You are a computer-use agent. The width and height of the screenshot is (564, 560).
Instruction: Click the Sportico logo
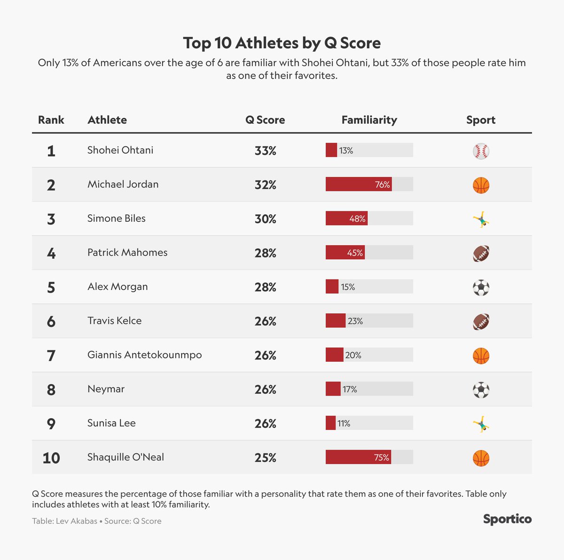tap(507, 519)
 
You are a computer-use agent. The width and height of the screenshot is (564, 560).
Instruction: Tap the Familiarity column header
tap(369, 120)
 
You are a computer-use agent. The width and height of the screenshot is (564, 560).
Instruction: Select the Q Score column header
tap(265, 120)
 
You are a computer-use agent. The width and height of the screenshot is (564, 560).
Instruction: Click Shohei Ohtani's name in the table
tap(120, 150)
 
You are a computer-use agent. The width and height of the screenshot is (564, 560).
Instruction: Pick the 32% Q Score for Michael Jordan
tap(265, 185)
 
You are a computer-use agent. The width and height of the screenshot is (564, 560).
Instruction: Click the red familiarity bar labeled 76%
tap(359, 184)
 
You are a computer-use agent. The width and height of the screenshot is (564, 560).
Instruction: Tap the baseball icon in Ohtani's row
tap(481, 151)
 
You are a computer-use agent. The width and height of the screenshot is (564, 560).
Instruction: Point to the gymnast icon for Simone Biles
tap(481, 219)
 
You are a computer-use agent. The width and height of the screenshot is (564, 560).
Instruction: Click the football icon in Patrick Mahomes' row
tap(481, 253)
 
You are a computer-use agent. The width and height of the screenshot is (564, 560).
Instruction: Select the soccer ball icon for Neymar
tap(481, 390)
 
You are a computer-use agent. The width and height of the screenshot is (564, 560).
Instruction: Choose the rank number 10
tap(51, 458)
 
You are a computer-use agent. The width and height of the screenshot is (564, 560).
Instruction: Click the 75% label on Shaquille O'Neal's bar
tap(381, 457)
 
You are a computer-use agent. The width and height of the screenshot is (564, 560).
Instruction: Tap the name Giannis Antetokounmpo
tap(145, 355)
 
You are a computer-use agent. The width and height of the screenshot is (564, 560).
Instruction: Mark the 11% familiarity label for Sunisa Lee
tap(344, 423)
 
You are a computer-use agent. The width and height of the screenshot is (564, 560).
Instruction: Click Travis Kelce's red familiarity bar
tap(336, 321)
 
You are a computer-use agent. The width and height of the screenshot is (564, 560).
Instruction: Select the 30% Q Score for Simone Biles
tap(265, 219)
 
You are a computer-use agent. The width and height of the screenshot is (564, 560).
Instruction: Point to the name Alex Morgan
tap(117, 287)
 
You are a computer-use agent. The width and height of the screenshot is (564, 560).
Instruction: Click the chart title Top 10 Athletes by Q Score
tap(282, 43)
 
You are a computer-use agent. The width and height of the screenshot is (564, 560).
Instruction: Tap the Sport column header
tap(481, 120)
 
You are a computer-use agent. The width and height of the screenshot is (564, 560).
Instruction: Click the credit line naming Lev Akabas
tap(97, 521)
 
